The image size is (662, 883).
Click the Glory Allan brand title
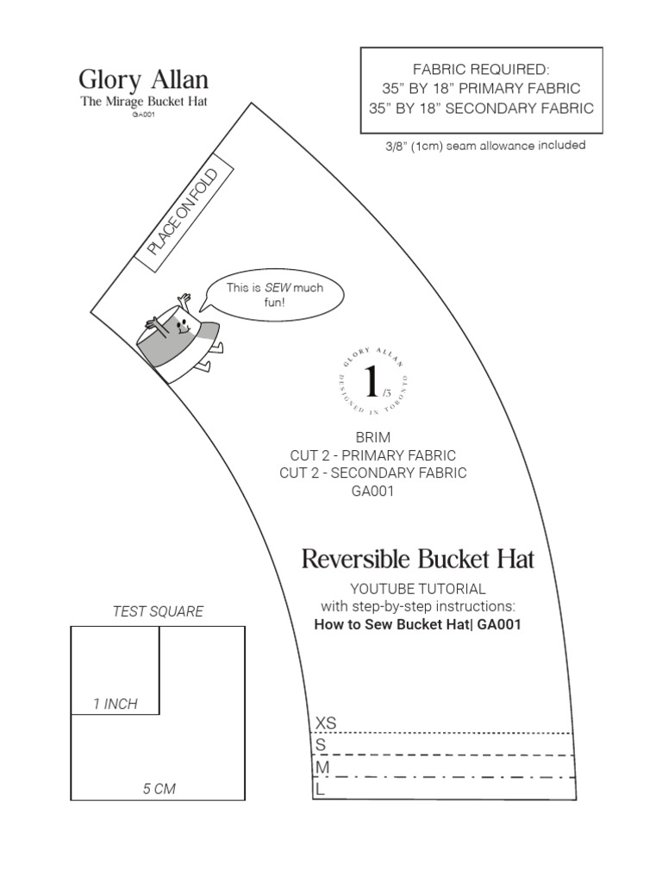143,81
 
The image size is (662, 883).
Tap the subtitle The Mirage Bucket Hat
143,102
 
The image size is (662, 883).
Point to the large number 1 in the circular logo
371,380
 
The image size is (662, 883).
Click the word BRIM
372,437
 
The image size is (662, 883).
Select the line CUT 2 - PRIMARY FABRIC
372,454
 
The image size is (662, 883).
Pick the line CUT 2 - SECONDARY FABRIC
372,473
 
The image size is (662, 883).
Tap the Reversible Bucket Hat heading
418,559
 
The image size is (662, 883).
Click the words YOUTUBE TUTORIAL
417,588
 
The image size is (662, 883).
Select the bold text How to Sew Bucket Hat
417,623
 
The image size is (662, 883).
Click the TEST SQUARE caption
158,611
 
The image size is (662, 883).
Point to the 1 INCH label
116,705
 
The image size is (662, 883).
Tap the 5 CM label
159,788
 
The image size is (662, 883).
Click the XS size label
327,723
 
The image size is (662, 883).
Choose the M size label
323,767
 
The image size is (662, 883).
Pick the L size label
321,788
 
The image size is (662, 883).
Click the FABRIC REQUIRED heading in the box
481,69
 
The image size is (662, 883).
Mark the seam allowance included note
485,146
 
